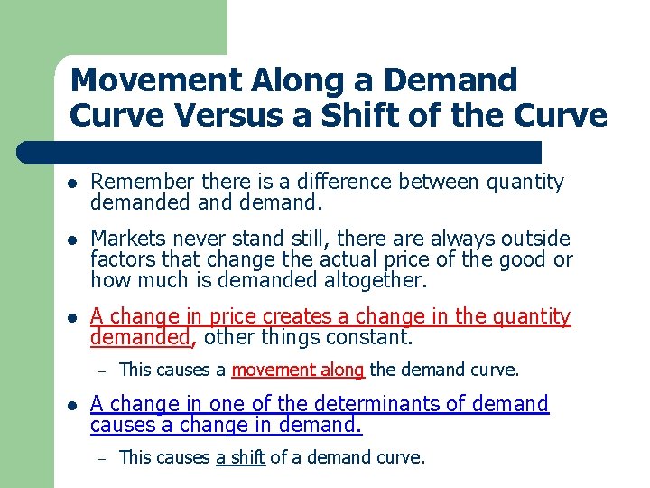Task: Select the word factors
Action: pyautogui.click(x=118, y=258)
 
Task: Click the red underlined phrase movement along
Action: pyautogui.click(x=298, y=369)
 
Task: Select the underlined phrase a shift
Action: pyautogui.click(x=240, y=457)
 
